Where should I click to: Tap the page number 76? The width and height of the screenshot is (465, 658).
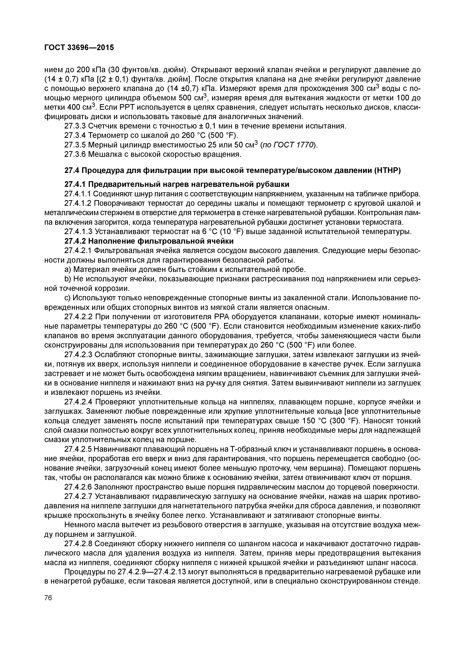48,598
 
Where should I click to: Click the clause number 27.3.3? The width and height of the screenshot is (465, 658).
75,126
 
